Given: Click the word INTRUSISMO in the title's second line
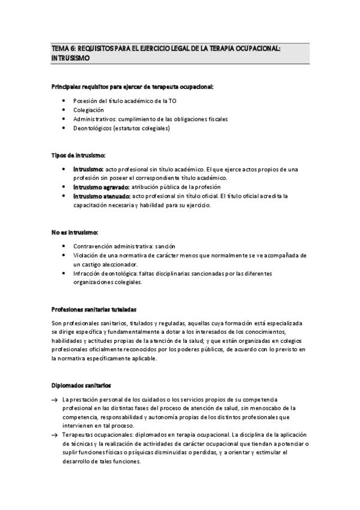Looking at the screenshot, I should [71, 58].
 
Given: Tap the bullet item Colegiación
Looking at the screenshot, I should [88, 110].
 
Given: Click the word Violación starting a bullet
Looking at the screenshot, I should [85, 256].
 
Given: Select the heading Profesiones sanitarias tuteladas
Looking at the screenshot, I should [94, 310].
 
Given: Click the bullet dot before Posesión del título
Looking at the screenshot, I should [64, 102].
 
